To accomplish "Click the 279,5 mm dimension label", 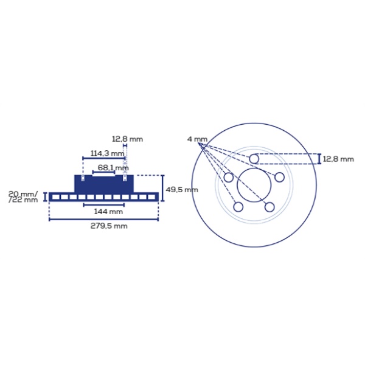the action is tap(109, 226).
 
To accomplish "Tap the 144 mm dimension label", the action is tap(108, 212).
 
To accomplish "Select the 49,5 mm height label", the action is tap(182, 190).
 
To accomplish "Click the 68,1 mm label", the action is tap(113, 168).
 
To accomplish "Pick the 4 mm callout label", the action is tap(197, 139).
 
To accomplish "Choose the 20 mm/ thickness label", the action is tap(23, 193).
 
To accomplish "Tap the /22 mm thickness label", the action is tap(23, 200).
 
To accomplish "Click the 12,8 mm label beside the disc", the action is tap(338, 159).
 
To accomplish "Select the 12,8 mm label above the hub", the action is tap(127, 139).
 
